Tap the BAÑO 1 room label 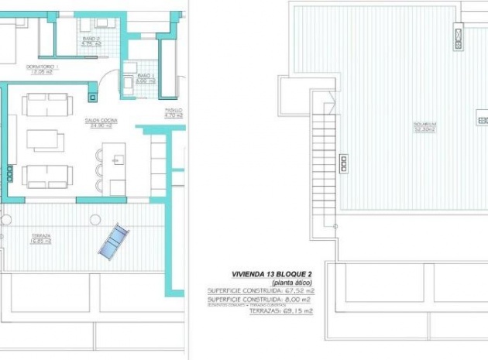click(x=146, y=75)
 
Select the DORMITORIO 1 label click(x=43, y=67)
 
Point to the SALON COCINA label click(x=101, y=120)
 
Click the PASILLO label click(x=174, y=111)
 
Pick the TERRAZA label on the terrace click(x=41, y=235)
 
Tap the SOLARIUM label click(x=424, y=124)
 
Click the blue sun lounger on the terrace click(x=115, y=239)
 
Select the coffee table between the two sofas click(x=45, y=139)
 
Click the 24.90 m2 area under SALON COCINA click(x=101, y=126)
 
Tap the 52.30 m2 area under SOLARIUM click(x=424, y=129)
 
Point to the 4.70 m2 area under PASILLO click(x=174, y=117)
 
